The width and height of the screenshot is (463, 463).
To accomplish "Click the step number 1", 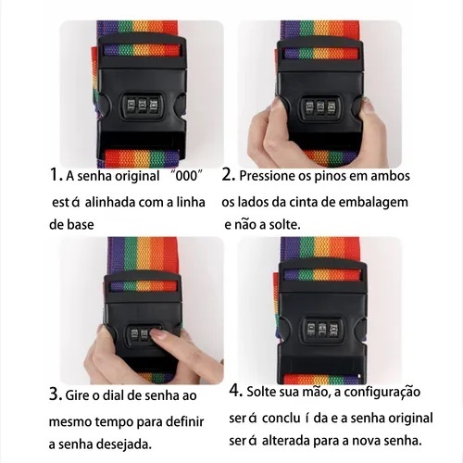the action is [x=56, y=175].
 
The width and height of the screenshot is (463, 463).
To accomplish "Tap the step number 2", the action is [x=228, y=175].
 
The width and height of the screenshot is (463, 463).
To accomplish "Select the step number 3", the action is [x=56, y=394].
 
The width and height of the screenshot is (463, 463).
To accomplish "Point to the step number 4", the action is [x=235, y=391].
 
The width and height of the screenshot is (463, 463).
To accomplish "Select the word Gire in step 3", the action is [x=74, y=395].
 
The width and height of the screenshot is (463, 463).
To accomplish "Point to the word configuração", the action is [x=382, y=392].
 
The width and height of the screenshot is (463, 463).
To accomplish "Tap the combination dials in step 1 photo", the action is [x=142, y=106].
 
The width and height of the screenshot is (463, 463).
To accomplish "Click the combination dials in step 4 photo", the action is [x=322, y=329].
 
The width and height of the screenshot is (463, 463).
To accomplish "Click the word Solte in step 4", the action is [x=262, y=392].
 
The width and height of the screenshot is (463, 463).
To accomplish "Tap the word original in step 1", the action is [x=137, y=177].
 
